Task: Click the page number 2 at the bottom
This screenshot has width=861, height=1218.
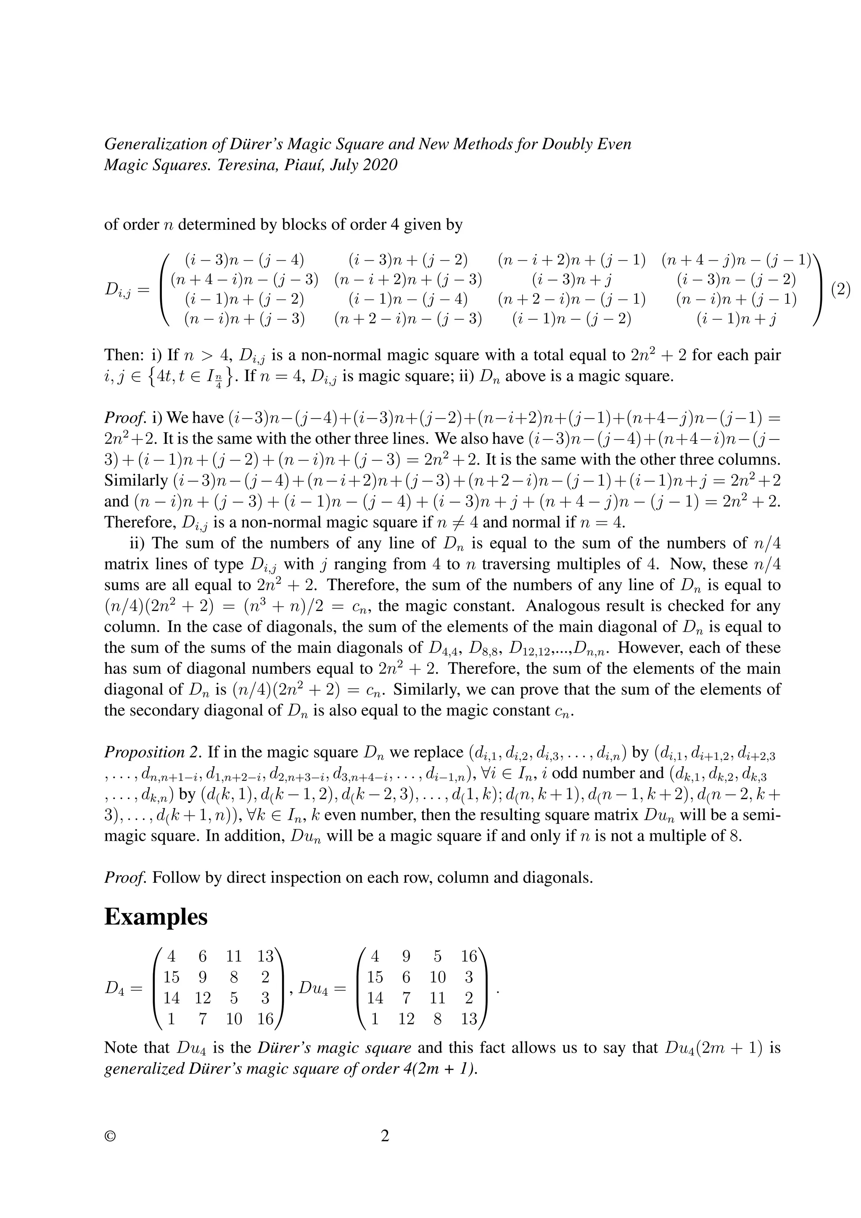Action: click(385, 1136)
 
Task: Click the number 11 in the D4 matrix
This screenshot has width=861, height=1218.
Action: click(234, 956)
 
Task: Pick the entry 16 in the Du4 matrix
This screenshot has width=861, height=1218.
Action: click(469, 956)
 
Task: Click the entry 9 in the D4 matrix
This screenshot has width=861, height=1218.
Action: click(203, 977)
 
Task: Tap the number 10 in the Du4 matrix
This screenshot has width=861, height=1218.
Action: click(437, 977)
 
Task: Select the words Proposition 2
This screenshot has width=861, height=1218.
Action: click(153, 752)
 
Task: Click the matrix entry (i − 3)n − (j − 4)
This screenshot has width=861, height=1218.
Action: click(244, 260)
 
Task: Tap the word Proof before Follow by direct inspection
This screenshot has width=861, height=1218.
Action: click(125, 877)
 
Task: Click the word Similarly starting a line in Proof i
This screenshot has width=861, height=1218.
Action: click(136, 481)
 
